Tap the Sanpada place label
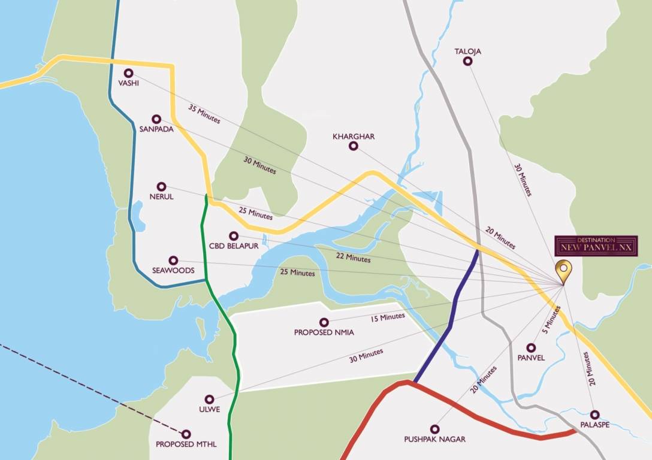tap(156, 129)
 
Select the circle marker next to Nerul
tap(161, 187)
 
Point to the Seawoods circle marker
tap(173, 261)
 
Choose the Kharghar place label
tap(354, 137)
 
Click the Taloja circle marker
tap(467, 62)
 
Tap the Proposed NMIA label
tap(324, 332)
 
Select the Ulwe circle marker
tap(209, 399)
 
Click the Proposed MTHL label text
tap(186, 444)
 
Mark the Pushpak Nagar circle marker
tap(434, 429)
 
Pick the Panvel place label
tap(530, 358)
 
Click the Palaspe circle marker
tap(594, 414)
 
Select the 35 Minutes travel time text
tap(204, 114)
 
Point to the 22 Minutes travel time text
tap(354, 259)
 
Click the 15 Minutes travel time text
tap(388, 316)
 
